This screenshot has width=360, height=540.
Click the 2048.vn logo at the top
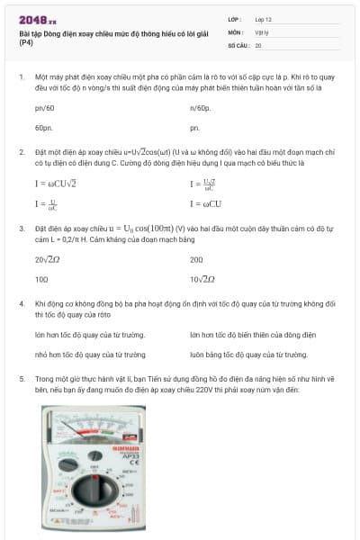point(37,19)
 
